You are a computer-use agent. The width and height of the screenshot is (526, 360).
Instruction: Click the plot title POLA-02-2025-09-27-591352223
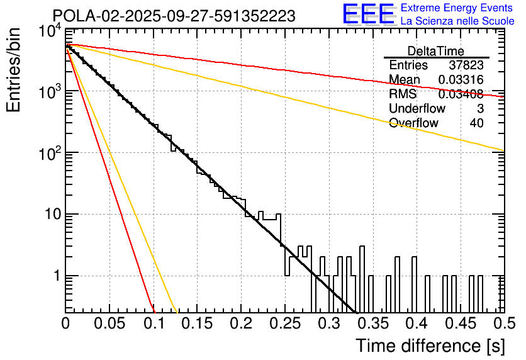[x=174, y=16]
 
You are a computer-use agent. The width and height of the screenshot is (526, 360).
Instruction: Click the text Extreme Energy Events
[x=457, y=8]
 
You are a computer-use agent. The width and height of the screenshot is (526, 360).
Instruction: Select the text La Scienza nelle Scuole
[x=457, y=21]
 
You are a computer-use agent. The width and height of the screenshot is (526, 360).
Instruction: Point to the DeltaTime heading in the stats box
[x=436, y=51]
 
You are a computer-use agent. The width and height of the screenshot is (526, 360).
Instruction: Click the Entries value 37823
[x=466, y=65]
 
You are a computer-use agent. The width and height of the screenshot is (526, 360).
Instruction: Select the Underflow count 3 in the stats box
[x=479, y=109]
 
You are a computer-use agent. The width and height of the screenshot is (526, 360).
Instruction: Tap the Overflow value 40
[x=476, y=123]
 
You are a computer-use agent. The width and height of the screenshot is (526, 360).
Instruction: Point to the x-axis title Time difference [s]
[x=430, y=346]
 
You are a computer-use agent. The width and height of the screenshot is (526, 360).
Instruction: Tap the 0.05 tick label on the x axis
[x=109, y=324]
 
